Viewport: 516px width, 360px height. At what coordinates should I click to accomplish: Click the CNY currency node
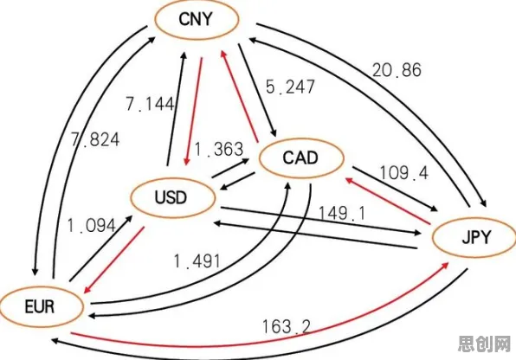coord(197,20)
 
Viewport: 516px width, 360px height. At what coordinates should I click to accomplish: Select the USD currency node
coord(173,198)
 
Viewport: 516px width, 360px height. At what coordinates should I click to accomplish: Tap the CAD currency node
coord(301,158)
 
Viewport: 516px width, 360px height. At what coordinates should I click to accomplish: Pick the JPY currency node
coord(474,238)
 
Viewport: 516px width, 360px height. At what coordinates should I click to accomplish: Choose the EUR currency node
coord(41,306)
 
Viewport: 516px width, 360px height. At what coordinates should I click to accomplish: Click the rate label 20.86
coord(397,70)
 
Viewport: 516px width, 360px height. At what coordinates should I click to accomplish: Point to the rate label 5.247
coord(290,87)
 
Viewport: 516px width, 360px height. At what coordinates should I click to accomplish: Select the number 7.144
coord(150,105)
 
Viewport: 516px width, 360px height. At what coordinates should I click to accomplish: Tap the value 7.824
coord(95,140)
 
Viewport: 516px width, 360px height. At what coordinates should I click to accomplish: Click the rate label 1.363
coord(219,149)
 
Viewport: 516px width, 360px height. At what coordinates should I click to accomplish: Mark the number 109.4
coord(404,173)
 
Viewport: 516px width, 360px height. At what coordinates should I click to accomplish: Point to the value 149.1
coord(342,214)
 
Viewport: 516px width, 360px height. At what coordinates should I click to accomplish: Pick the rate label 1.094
coord(92,226)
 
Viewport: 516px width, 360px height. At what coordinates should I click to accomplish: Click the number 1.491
coord(197,261)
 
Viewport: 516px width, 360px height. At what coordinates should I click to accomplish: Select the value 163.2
coord(287,327)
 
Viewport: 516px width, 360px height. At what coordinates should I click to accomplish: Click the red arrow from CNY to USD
coord(194,112)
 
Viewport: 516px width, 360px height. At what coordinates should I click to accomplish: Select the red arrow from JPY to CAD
coord(388,201)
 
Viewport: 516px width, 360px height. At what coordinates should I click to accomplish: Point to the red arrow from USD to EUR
coord(114,260)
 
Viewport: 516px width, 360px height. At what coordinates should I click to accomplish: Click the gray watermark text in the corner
coord(485,344)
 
